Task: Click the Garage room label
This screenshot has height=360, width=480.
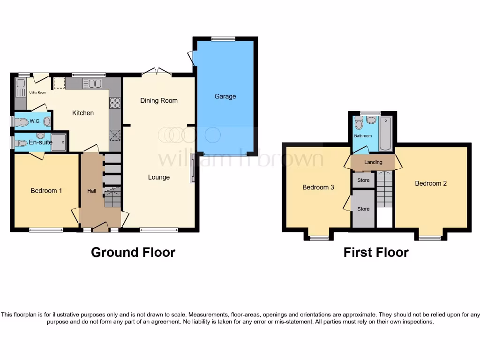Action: [225, 96]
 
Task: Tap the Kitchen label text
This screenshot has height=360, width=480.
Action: [83, 113]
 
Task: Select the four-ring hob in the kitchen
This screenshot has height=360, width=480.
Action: [115, 103]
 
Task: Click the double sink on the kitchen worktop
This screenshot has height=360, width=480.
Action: [92, 83]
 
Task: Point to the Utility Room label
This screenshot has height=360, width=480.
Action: [37, 93]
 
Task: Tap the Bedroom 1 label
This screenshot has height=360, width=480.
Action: [46, 191]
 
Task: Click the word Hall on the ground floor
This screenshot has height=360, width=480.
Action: [92, 191]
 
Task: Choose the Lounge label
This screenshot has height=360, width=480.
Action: [159, 177]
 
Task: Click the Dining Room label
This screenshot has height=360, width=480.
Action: [159, 100]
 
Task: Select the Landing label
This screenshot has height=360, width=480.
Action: [374, 162]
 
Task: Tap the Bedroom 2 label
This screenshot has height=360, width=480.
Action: [431, 183]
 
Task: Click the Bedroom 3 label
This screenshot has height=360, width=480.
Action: [318, 187]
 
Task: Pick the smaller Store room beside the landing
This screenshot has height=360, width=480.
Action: [363, 180]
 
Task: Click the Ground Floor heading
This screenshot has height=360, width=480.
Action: [133, 252]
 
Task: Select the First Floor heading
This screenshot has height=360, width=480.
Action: [376, 252]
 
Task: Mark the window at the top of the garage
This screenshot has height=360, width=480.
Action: [223, 39]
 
